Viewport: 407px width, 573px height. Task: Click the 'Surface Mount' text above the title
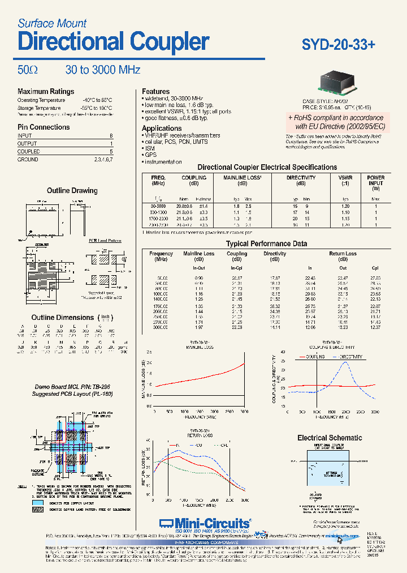click(52, 23)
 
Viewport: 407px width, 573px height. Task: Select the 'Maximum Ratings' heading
click(46, 92)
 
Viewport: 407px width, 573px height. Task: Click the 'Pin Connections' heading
click(44, 127)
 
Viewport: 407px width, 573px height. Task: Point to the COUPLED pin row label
click(29, 152)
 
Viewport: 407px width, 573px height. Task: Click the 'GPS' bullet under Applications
click(151, 155)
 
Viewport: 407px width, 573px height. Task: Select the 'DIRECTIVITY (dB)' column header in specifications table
click(301, 181)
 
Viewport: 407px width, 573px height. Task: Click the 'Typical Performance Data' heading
click(266, 243)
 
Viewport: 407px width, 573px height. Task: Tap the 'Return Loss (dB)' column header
click(343, 257)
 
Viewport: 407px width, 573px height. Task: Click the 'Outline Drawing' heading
click(72, 191)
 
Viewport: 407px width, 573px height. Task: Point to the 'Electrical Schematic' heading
click(330, 438)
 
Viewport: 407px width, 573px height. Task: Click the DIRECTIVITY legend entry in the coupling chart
click(350, 357)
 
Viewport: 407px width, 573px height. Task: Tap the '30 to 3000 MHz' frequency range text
click(102, 70)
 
